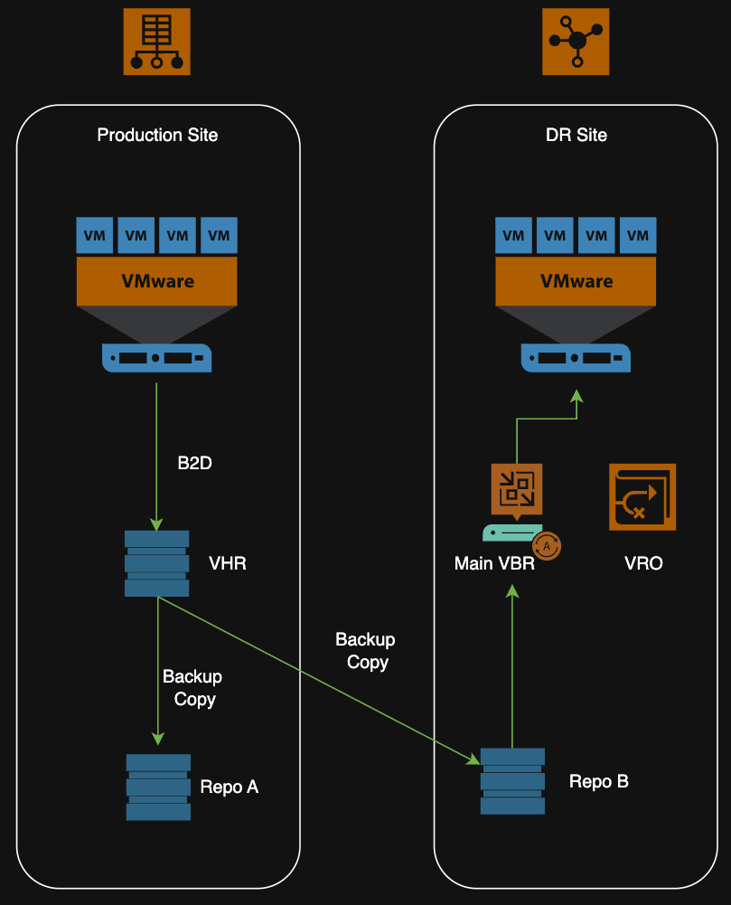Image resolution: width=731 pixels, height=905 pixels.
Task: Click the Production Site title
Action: pos(157,135)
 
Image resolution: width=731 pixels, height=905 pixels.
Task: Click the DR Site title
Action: pos(576,135)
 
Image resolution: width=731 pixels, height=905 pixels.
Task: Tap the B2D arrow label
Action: pos(194,464)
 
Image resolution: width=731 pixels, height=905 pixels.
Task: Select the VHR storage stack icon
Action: pos(156,563)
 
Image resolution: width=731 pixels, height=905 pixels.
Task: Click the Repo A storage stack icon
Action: pos(158,787)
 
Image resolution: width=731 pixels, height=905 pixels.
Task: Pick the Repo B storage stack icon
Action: pos(512,780)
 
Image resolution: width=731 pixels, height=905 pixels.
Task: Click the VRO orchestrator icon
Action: pos(642,495)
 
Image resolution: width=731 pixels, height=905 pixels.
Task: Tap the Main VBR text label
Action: pos(494,563)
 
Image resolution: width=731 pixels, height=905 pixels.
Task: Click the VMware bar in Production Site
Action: pos(156,280)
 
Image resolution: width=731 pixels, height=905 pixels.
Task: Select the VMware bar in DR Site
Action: pos(576,280)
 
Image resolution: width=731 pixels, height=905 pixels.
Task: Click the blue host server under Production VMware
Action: pos(156,357)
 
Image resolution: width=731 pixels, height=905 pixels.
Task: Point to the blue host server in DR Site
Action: pos(576,357)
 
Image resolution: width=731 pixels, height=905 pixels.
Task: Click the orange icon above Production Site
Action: pos(156,41)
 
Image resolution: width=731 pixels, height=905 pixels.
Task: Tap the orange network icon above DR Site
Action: pos(576,41)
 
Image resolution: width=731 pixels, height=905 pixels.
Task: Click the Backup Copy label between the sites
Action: pos(366,650)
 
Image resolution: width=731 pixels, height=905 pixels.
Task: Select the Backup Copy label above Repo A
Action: pos(192,687)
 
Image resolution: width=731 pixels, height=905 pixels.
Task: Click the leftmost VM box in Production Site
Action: pos(94,235)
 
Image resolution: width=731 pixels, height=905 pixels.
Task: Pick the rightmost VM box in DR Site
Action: pos(638,235)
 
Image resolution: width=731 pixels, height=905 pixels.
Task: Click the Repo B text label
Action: pos(598,781)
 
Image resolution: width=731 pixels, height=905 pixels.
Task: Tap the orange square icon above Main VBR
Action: pos(516,489)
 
